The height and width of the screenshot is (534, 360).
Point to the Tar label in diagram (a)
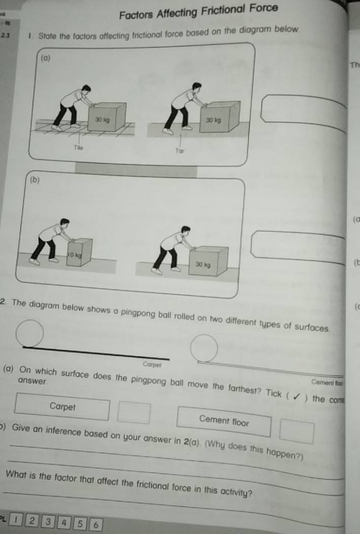point(178,150)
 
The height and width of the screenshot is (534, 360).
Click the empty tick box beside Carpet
point(134,411)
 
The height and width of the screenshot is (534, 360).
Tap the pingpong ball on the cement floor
point(204,349)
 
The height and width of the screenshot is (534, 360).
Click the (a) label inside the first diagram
point(46,59)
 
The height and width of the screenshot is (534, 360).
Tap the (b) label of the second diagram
point(34,180)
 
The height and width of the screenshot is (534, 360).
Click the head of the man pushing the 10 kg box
point(64,222)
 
